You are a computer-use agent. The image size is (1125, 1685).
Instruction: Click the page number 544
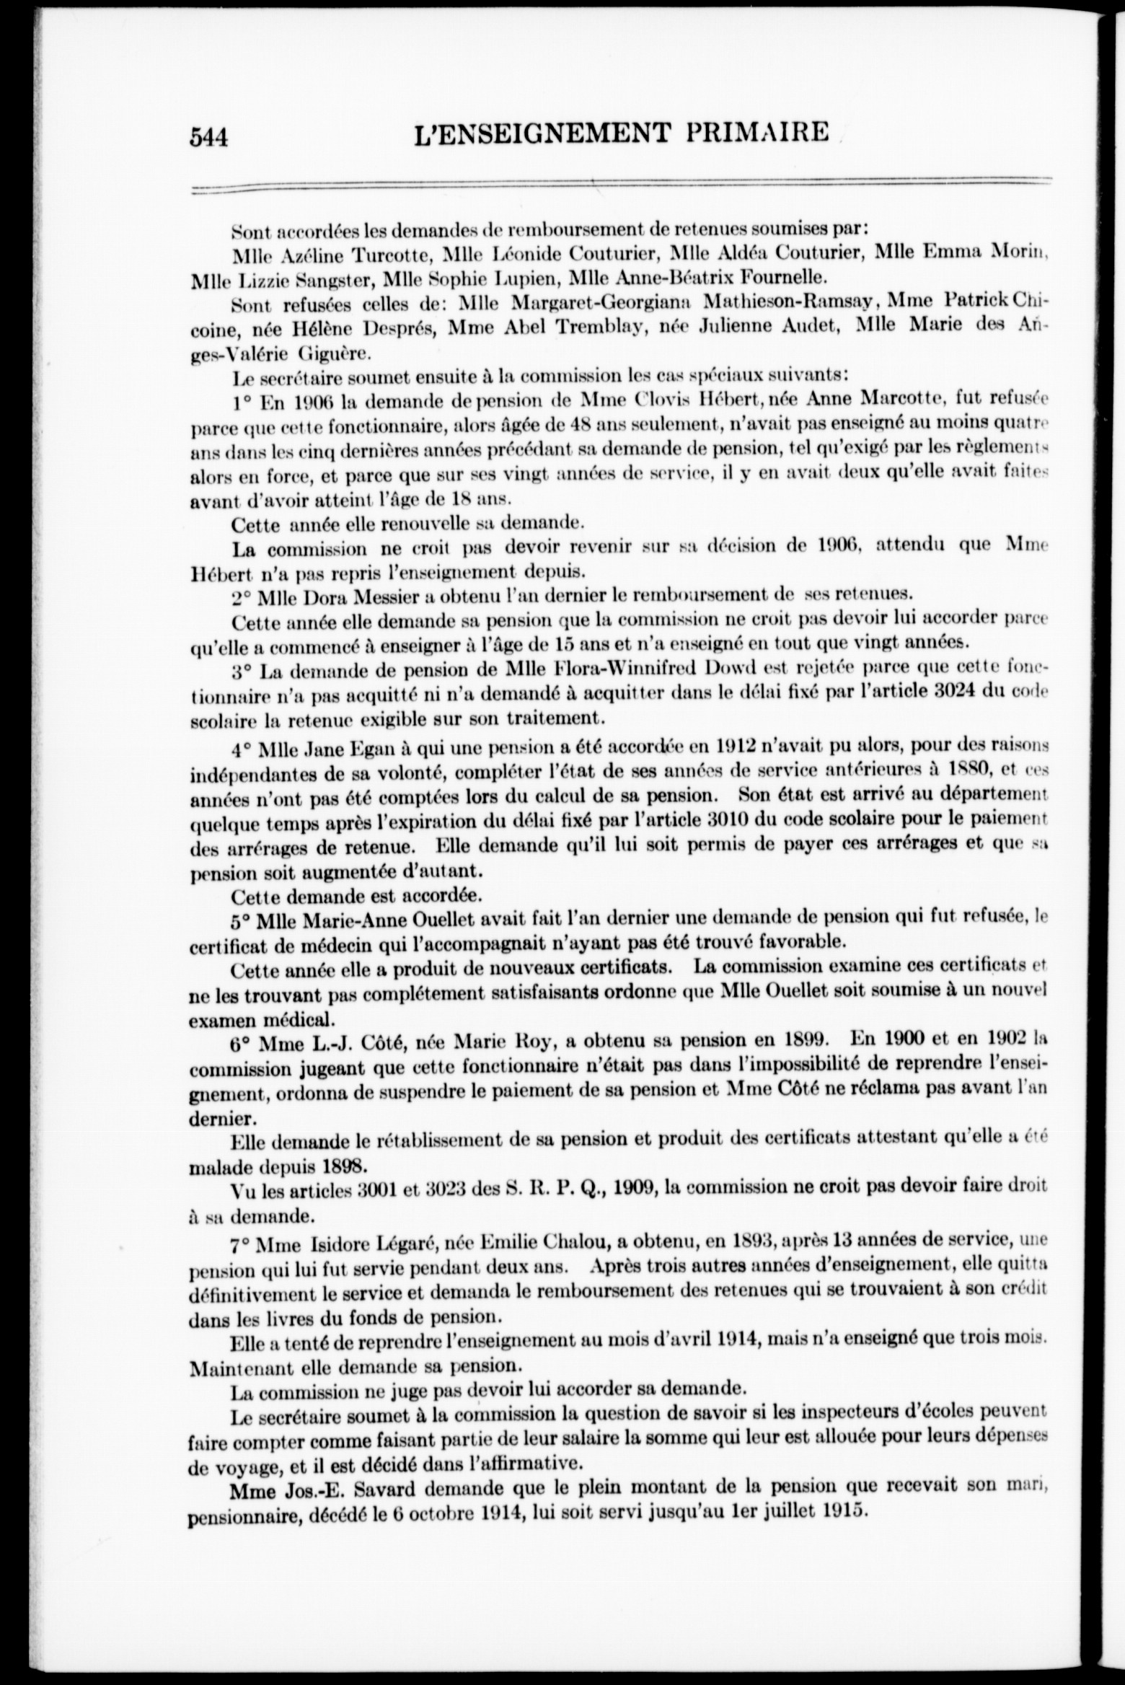click(x=208, y=136)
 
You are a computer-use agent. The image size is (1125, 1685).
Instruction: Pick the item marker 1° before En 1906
click(x=242, y=399)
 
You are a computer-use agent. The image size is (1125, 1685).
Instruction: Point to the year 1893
click(x=752, y=1239)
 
